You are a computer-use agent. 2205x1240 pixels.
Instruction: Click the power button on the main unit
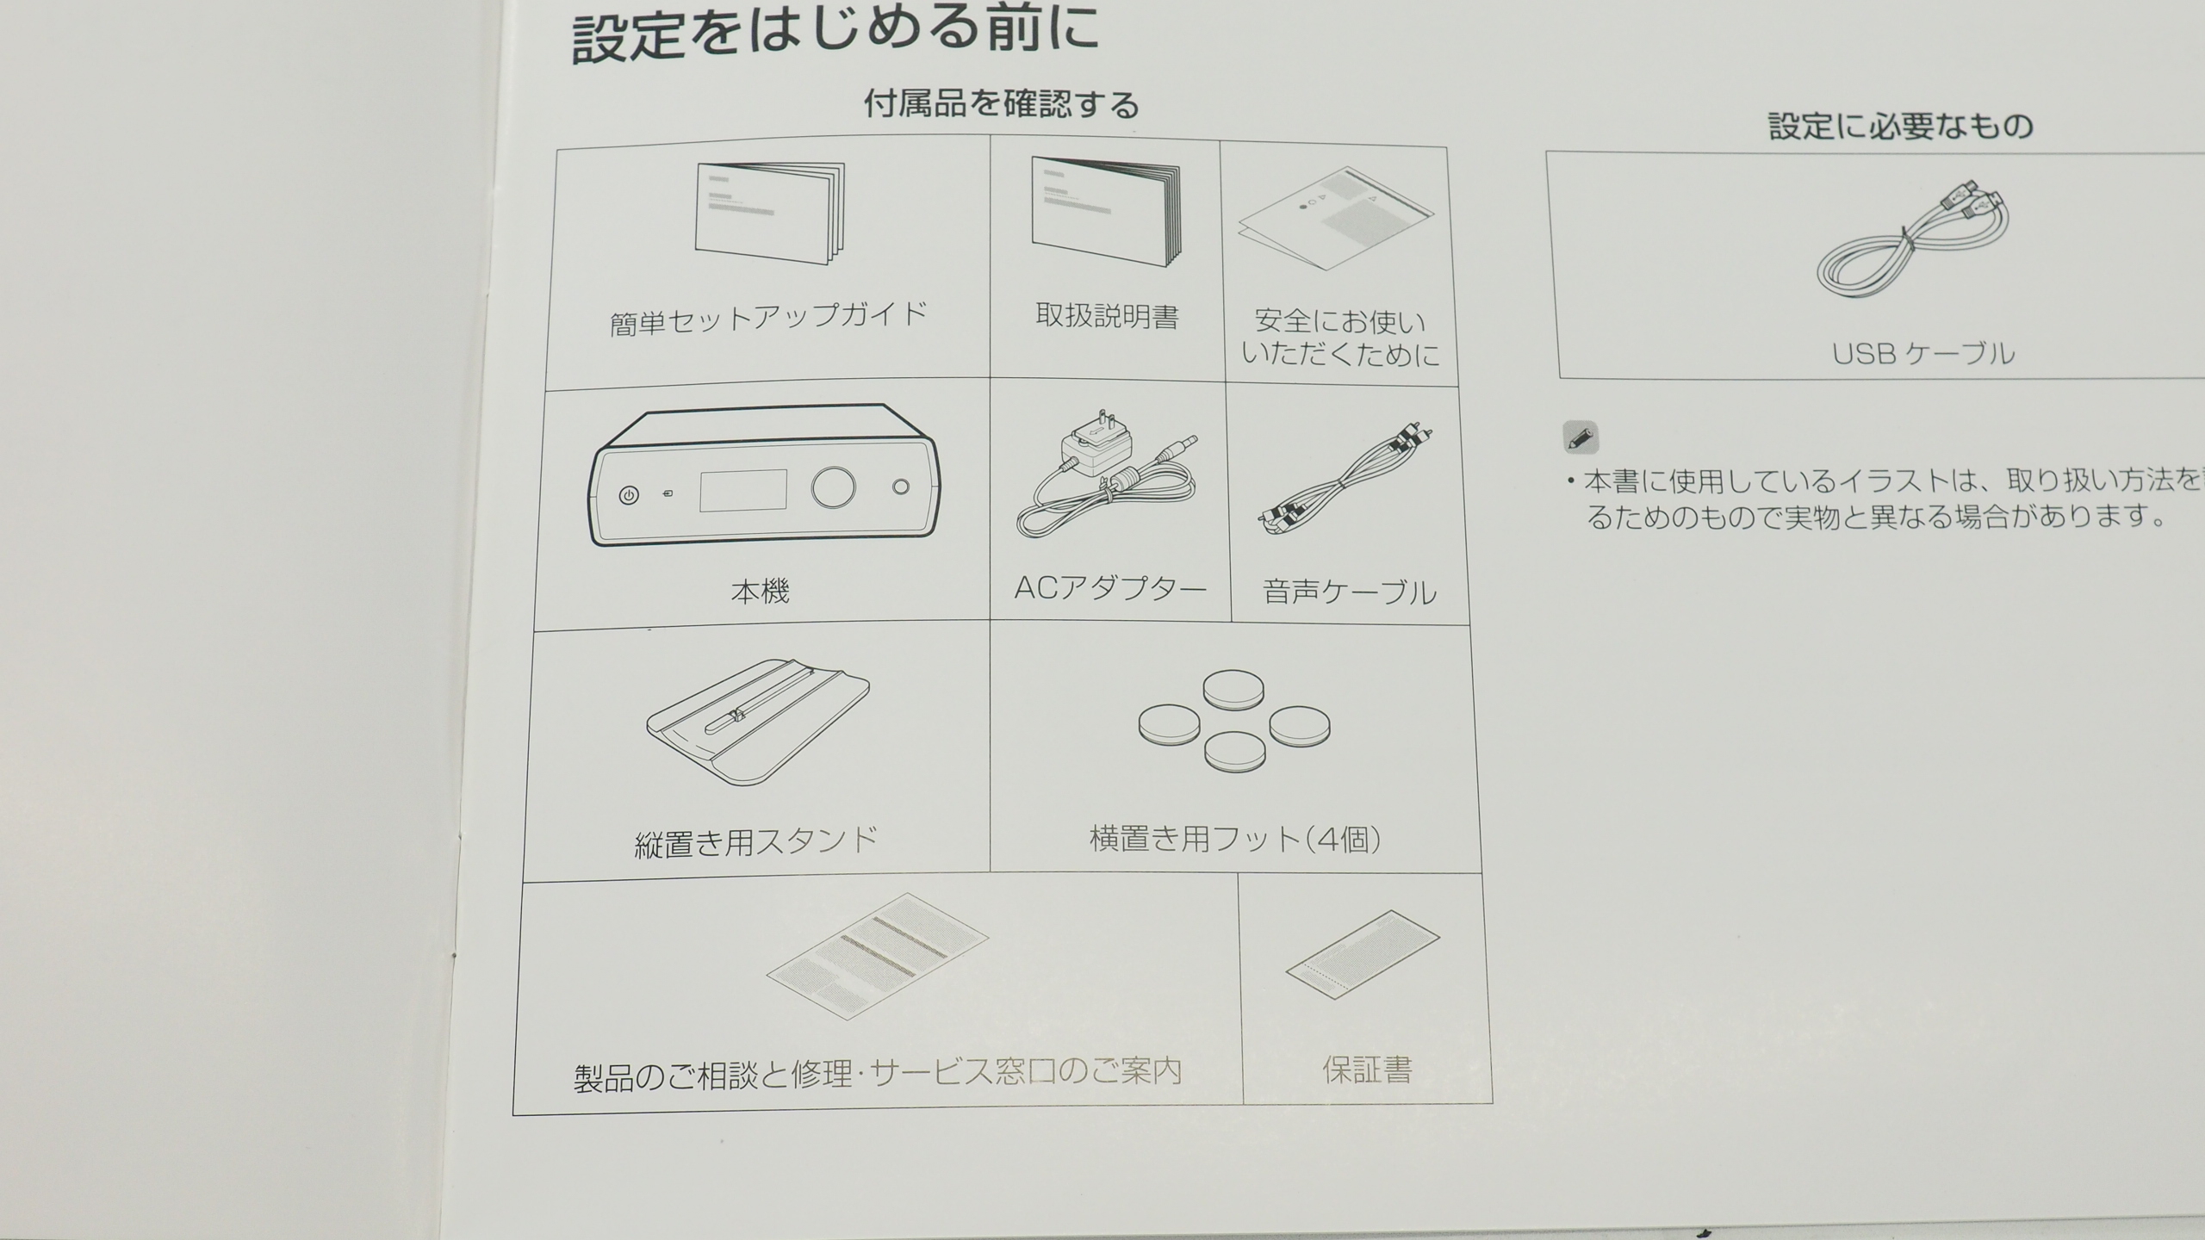coord(629,496)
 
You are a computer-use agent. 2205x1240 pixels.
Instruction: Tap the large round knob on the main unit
coord(833,487)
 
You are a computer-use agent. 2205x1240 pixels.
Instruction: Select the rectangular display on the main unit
coord(742,491)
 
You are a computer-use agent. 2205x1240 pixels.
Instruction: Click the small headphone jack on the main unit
coord(901,487)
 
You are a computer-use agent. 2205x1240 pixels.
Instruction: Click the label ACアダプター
coord(1110,588)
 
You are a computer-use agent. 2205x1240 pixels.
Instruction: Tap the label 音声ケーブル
coord(1349,592)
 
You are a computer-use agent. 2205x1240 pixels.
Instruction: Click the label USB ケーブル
coord(1922,354)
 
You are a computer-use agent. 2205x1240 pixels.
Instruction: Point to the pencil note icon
coord(1581,437)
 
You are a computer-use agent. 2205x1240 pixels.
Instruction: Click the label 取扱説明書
coord(1107,316)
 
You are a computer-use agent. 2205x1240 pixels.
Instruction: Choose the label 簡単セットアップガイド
coord(768,318)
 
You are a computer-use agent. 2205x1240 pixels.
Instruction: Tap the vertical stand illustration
coord(758,722)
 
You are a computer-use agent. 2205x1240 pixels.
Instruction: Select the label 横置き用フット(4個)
coord(1235,839)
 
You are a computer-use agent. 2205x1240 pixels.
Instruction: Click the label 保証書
coord(1367,1070)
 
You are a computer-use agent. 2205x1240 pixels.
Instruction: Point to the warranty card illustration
coord(1363,954)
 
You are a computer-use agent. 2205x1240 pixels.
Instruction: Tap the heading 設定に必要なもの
coord(1901,127)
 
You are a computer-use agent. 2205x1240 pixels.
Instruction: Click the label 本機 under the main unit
coord(760,592)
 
